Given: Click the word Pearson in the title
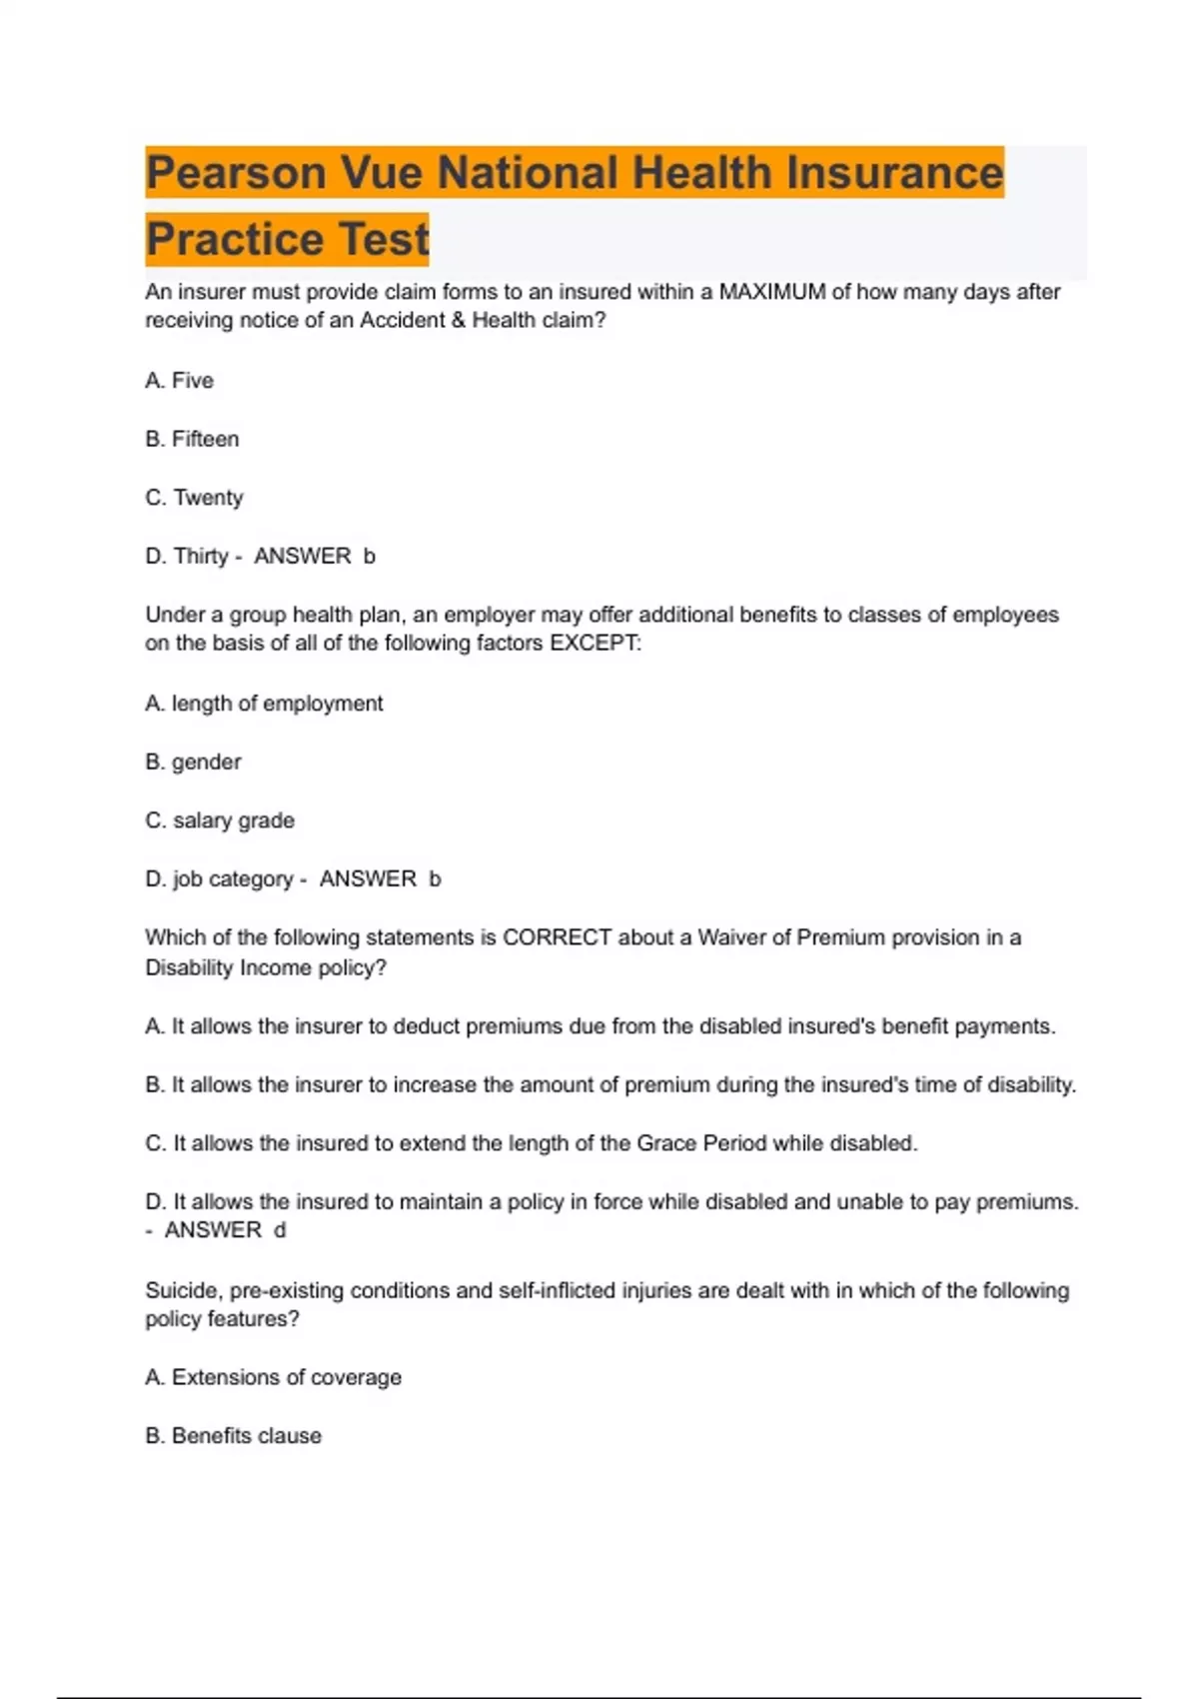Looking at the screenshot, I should click(236, 173).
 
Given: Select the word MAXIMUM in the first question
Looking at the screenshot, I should click(771, 292).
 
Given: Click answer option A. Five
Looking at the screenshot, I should click(180, 381).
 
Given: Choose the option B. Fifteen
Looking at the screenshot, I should click(192, 439).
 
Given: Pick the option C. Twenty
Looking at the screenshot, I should click(194, 498).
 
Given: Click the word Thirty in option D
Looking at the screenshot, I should click(201, 556).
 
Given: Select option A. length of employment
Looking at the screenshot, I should click(264, 704).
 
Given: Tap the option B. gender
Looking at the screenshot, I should click(193, 762).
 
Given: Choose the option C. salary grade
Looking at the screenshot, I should click(220, 821).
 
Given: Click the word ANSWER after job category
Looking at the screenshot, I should click(368, 878).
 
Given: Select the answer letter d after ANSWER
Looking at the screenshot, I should click(280, 1230).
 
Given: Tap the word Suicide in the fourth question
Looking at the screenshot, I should click(182, 1290).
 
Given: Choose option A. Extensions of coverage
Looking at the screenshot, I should click(273, 1377).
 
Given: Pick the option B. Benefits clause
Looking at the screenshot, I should click(233, 1436).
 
